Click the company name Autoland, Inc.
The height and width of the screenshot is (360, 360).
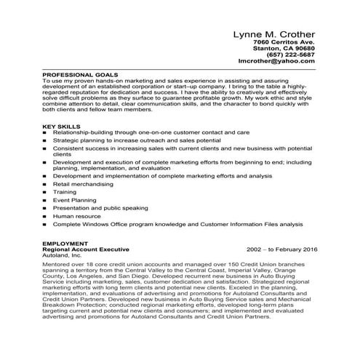click(x=63, y=256)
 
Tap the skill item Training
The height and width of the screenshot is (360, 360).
click(x=65, y=192)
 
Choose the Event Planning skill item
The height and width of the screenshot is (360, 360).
click(x=73, y=200)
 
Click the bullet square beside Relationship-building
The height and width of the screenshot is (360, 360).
click(x=45, y=133)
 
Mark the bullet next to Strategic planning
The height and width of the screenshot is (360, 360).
click(x=45, y=141)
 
